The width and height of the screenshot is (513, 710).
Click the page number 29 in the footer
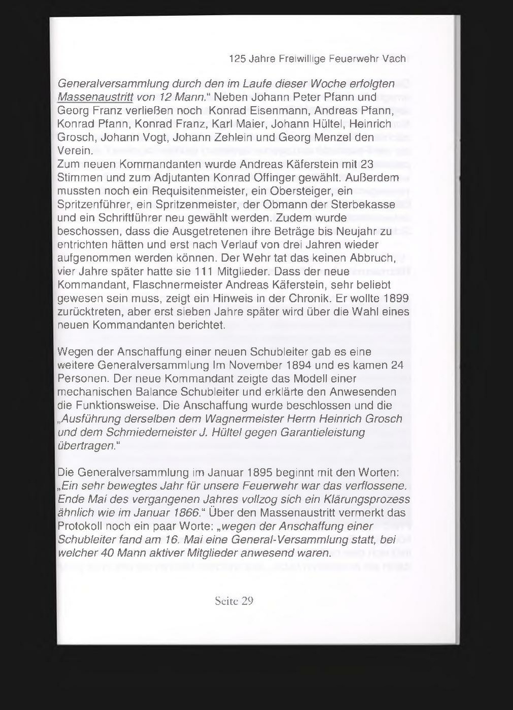(x=247, y=601)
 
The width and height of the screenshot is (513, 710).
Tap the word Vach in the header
(x=394, y=59)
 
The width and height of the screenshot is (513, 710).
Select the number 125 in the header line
(x=238, y=59)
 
